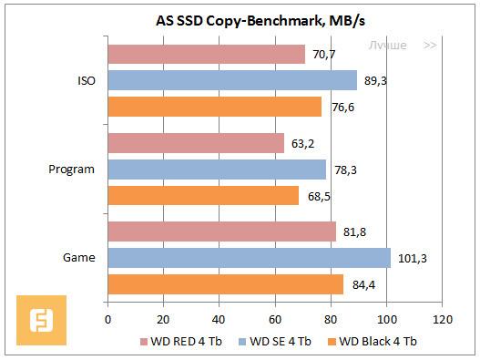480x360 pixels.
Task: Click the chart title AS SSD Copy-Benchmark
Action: (240, 19)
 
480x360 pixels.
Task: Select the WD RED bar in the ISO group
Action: (207, 55)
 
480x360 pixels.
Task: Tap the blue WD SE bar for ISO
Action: (232, 80)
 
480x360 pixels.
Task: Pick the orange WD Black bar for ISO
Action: (215, 107)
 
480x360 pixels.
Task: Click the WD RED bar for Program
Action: (196, 143)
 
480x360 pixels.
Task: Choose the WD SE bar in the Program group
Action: (217, 170)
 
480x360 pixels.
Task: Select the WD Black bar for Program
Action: (203, 195)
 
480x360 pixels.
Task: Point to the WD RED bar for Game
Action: (222, 232)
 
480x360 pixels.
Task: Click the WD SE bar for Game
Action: (250, 258)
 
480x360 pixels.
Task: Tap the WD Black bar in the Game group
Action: (226, 284)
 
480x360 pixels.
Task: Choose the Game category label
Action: (79, 258)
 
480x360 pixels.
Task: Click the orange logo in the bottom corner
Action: (40, 320)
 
